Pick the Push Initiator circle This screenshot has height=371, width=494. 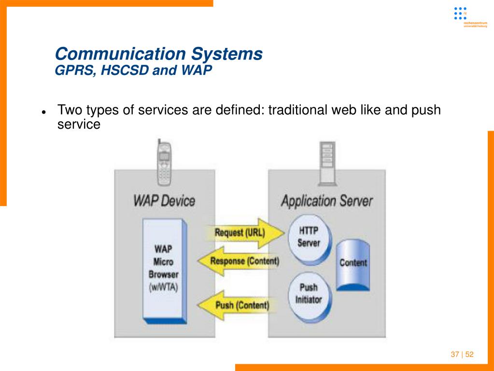pos(308,294)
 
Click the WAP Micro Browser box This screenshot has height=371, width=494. pos(163,270)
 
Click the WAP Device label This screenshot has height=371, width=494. pos(164,200)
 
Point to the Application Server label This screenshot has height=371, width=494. pos(326,201)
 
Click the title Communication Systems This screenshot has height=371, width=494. pos(159,53)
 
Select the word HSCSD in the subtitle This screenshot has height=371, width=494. pos(125,71)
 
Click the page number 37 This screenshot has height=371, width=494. pos(454,355)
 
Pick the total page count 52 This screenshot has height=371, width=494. pos(469,355)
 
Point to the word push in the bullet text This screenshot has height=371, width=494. pos(426,110)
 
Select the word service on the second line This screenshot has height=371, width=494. pos(79,124)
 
